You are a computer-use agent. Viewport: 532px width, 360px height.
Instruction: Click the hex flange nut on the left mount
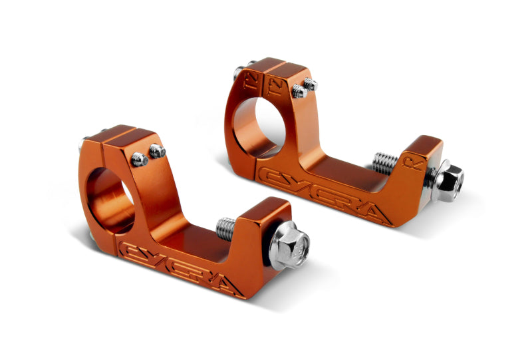pos(291,245)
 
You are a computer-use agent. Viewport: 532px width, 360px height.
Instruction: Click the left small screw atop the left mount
pos(140,158)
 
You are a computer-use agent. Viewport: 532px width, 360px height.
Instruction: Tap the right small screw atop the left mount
pos(157,151)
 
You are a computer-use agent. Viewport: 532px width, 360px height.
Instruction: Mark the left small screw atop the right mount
pos(298,91)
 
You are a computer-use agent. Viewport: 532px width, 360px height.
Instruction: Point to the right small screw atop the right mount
pos(310,85)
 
